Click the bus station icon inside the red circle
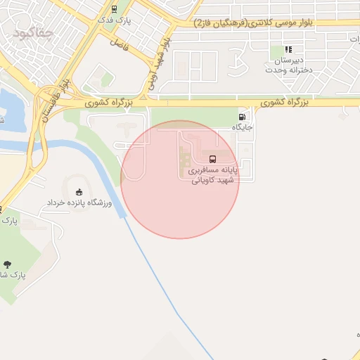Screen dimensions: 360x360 pos(213,158)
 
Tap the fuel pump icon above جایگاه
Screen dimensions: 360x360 pos(242,117)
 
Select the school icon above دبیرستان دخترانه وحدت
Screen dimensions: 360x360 pos(288,50)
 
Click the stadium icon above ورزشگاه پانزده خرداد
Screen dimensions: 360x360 pos(79,192)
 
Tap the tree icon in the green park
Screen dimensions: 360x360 pos(8,264)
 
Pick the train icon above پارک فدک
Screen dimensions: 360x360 pos(114,9)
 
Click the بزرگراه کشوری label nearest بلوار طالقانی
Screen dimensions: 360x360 pos(109,103)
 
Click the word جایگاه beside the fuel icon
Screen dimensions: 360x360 pos(242,128)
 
